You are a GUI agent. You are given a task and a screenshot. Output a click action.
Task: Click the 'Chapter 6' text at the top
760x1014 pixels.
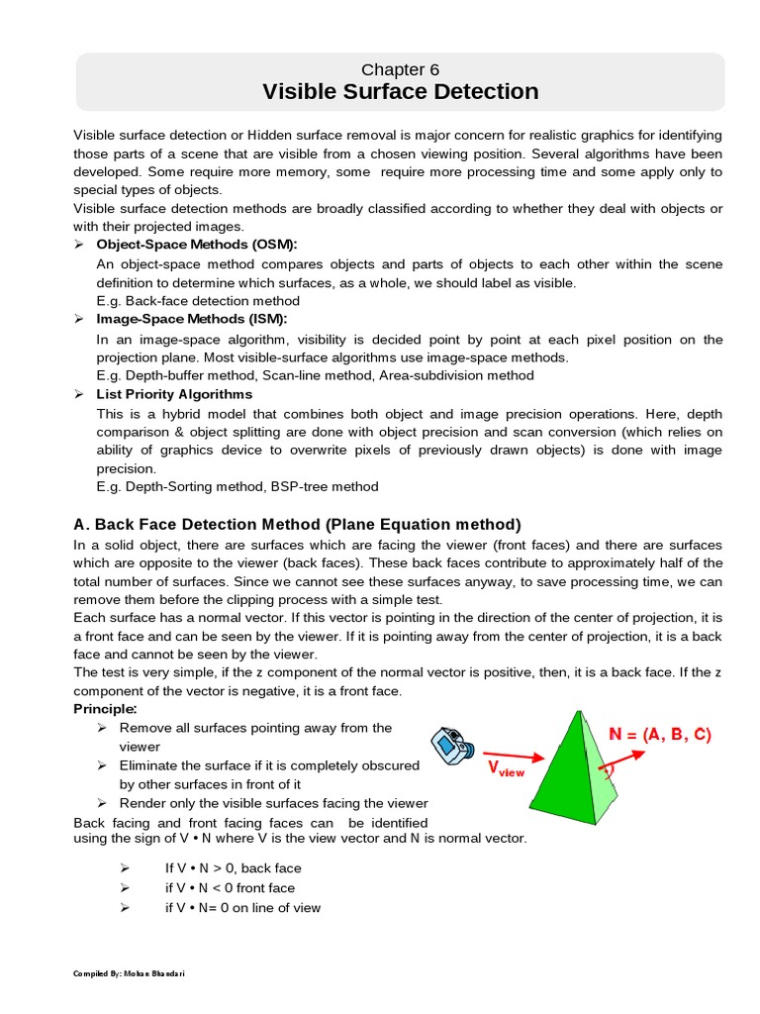tap(400, 69)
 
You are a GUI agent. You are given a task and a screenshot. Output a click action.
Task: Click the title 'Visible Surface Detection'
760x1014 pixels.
tap(400, 92)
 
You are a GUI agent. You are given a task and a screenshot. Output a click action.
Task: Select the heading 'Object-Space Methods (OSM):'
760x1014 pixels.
tap(196, 244)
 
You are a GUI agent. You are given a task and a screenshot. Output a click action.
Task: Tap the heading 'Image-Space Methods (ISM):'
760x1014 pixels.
tap(191, 319)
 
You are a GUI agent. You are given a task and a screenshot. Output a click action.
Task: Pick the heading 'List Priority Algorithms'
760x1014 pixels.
tap(174, 394)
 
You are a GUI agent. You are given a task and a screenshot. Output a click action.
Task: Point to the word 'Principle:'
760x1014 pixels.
tap(106, 709)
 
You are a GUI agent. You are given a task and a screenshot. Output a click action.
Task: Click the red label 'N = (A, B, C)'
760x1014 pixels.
tap(659, 735)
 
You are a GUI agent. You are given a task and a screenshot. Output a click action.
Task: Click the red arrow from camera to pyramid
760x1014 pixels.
tap(515, 755)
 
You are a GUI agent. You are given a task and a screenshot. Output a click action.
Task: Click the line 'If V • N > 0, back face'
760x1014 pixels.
tap(233, 868)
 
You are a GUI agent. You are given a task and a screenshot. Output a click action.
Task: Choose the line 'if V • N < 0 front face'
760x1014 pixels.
tap(230, 888)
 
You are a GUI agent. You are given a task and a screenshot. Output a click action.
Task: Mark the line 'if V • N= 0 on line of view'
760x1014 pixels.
tap(242, 908)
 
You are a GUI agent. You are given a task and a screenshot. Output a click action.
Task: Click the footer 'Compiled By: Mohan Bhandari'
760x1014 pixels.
tap(130, 973)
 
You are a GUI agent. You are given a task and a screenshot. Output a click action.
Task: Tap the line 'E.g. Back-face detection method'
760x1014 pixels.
tap(198, 301)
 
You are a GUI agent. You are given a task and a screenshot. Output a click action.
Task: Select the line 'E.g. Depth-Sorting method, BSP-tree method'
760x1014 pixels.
tap(237, 486)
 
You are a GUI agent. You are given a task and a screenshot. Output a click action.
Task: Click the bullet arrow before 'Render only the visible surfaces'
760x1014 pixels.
tap(101, 803)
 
